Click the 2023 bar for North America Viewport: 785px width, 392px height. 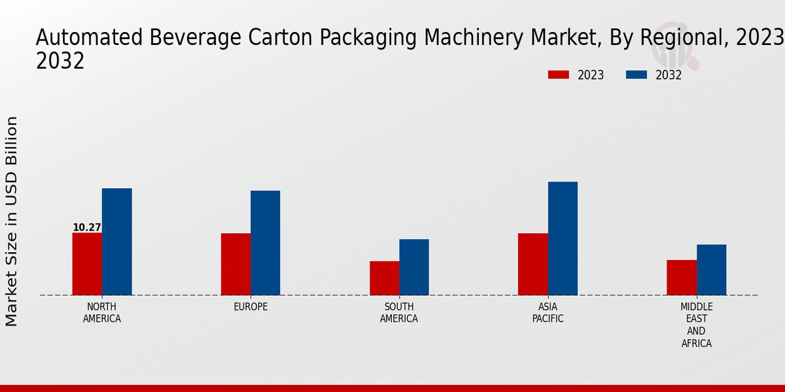[x=87, y=264]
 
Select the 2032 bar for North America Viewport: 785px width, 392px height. [x=116, y=242]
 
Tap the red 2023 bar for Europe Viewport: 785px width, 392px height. [x=235, y=264]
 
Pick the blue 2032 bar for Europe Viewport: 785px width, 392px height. [x=265, y=243]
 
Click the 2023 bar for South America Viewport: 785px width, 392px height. [x=384, y=278]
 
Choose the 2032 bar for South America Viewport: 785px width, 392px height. [x=414, y=267]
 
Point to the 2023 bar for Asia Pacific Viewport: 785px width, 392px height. [x=532, y=264]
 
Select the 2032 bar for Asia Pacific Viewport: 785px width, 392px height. [x=563, y=238]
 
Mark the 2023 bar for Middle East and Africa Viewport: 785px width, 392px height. [x=682, y=278]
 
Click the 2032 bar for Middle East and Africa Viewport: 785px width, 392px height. [x=711, y=270]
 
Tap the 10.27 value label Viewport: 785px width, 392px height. [x=87, y=227]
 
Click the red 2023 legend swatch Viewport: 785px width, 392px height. [x=559, y=75]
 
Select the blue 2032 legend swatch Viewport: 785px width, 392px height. [x=636, y=75]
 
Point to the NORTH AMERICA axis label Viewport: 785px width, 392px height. [x=102, y=313]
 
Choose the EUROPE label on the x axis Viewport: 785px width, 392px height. [x=251, y=307]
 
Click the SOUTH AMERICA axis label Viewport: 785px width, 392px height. [x=399, y=313]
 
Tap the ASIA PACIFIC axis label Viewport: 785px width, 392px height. [x=548, y=313]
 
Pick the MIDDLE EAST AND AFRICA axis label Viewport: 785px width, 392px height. [x=697, y=325]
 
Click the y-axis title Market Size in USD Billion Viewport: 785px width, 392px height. [x=12, y=221]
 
